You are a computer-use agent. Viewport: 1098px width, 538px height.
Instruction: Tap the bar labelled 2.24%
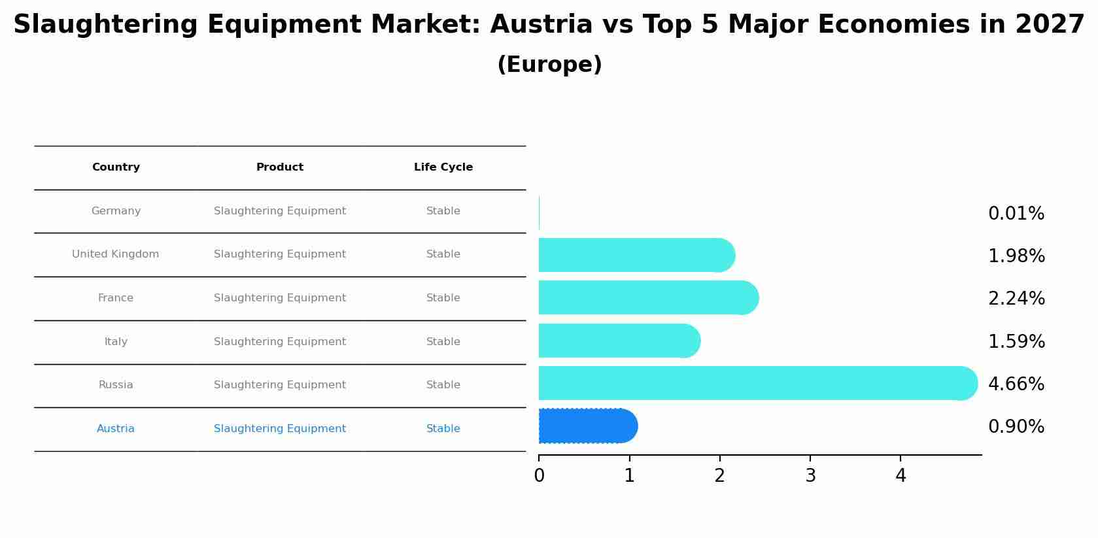pyautogui.click(x=647, y=298)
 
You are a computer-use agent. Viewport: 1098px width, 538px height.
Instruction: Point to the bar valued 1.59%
pyautogui.click(x=619, y=341)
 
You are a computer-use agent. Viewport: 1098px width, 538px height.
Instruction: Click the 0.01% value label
pyautogui.click(x=1016, y=214)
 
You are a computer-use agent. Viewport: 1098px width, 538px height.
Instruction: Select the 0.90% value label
pyautogui.click(x=1016, y=427)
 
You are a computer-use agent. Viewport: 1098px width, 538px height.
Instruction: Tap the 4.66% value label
pyautogui.click(x=1016, y=384)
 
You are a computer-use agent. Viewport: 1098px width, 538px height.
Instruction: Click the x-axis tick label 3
pyautogui.click(x=810, y=476)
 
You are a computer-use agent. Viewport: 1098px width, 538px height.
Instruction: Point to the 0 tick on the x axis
pyautogui.click(x=539, y=476)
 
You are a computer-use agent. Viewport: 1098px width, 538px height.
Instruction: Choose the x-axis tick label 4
pyautogui.click(x=901, y=476)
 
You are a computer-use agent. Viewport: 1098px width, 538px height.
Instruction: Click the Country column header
pyautogui.click(x=116, y=167)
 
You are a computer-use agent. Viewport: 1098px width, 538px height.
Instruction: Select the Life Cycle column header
pyautogui.click(x=443, y=167)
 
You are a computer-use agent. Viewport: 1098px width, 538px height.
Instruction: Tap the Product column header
pyautogui.click(x=279, y=167)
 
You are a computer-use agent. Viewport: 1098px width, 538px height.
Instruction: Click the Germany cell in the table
pyautogui.click(x=116, y=211)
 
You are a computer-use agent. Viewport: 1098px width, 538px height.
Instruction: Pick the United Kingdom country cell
pyautogui.click(x=116, y=254)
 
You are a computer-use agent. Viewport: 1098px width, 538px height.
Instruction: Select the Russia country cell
pyautogui.click(x=116, y=385)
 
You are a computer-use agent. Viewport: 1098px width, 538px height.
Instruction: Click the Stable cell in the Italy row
pyautogui.click(x=443, y=342)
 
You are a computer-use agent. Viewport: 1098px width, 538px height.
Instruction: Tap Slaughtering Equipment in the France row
pyautogui.click(x=279, y=298)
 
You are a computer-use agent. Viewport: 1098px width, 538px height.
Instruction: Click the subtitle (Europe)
pyautogui.click(x=549, y=65)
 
